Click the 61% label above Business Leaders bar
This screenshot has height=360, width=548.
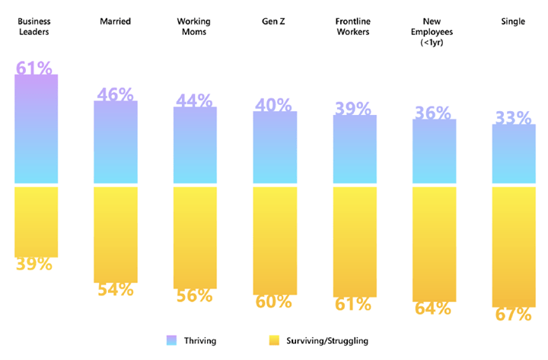[34, 68]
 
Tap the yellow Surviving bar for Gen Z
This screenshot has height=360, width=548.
[275, 240]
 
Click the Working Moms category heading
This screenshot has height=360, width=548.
[194, 27]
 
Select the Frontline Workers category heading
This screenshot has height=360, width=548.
[353, 27]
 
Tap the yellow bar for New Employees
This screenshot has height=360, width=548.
[434, 244]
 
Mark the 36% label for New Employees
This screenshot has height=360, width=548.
[433, 113]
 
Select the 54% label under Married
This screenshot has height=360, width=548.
[115, 289]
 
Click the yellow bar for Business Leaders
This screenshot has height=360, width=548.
[36, 221]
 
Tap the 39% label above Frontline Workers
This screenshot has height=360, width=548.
[353, 109]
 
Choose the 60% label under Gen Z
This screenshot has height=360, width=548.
[274, 301]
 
